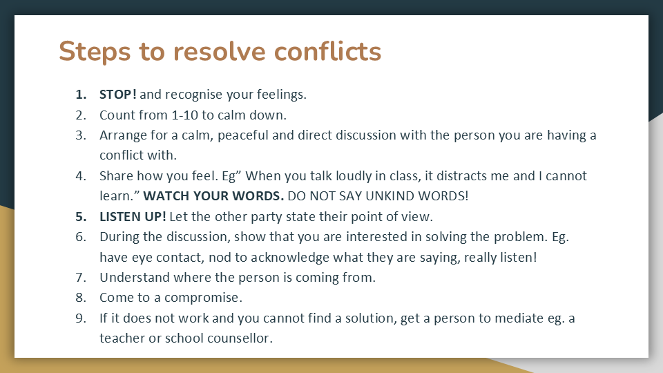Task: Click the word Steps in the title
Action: click(x=95, y=52)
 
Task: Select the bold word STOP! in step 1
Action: click(x=118, y=95)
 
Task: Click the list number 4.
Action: click(x=81, y=176)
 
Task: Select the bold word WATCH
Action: click(x=166, y=196)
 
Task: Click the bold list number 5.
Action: click(x=81, y=216)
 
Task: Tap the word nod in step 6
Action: click(x=220, y=258)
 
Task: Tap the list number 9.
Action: click(x=81, y=318)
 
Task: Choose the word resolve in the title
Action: click(x=220, y=52)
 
